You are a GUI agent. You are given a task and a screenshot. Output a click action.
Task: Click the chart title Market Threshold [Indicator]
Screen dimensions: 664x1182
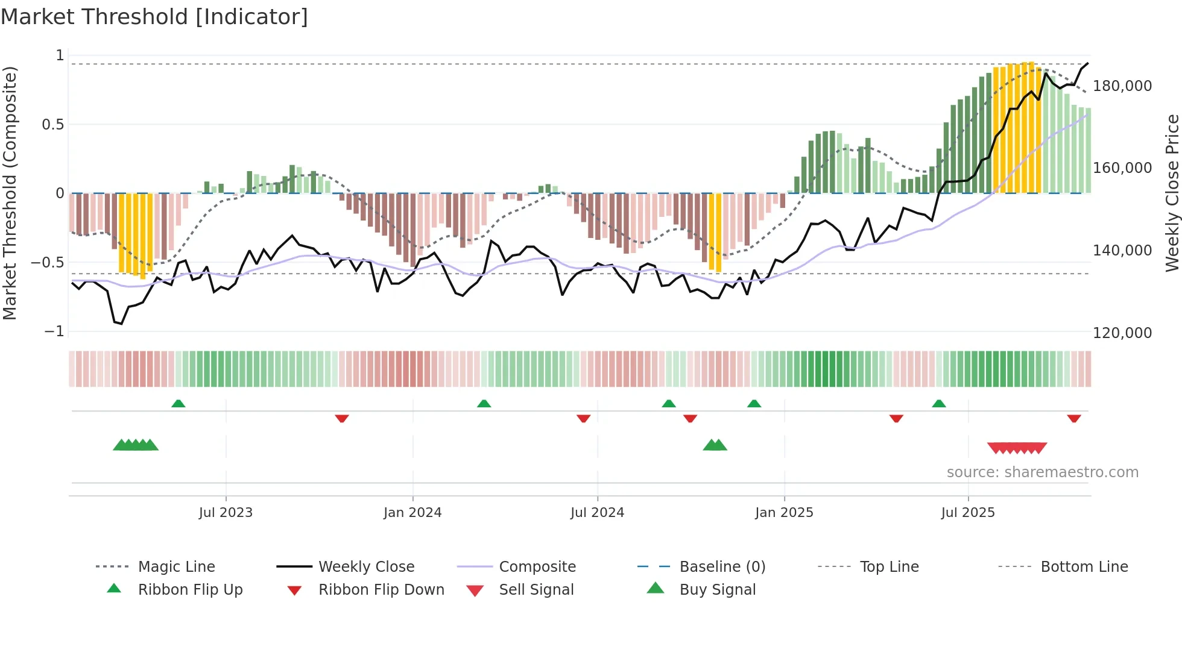154,17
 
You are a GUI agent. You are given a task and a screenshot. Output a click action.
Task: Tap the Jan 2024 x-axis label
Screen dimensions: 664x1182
412,512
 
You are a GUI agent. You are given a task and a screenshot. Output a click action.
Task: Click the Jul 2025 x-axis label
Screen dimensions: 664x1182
967,512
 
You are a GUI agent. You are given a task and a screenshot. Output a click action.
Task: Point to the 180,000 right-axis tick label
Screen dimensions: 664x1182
1122,86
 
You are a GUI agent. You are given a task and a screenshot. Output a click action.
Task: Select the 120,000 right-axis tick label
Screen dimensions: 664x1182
1122,333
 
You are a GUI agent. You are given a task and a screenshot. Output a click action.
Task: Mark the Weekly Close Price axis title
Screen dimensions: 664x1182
1172,193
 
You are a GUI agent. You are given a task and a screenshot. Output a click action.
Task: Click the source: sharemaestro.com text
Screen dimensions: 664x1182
1042,472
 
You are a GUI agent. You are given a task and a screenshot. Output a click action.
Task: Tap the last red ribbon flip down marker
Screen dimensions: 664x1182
1073,418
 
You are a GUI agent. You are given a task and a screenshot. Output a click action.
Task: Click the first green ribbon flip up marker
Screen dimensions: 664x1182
178,404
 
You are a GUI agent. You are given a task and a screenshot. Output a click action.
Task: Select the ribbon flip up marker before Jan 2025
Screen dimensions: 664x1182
754,404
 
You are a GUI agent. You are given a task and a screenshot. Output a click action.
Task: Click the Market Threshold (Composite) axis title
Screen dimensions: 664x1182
10,193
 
